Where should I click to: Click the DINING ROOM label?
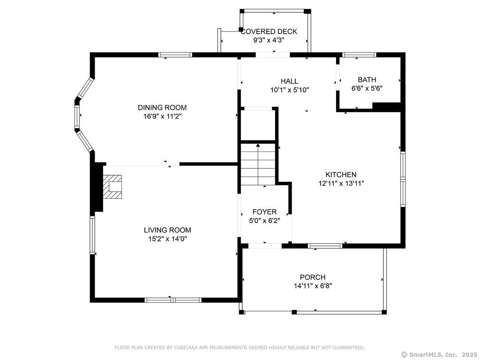tap(162, 108)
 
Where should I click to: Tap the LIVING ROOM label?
tap(167, 230)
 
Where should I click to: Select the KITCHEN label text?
tap(341, 175)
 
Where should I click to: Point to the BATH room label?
tap(367, 80)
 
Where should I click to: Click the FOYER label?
tap(264, 212)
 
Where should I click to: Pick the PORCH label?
tap(313, 277)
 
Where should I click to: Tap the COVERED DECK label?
tap(269, 31)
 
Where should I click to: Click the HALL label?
tap(289, 81)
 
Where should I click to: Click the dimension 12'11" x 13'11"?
tap(341, 184)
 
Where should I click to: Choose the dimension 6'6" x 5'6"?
tap(367, 89)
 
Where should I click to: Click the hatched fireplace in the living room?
tap(112, 187)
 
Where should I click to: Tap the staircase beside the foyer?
tap(258, 164)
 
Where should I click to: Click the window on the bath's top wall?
tap(359, 55)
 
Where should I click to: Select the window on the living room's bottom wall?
tap(173, 300)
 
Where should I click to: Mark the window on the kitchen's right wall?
tap(403, 180)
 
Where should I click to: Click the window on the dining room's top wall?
tap(175, 55)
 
